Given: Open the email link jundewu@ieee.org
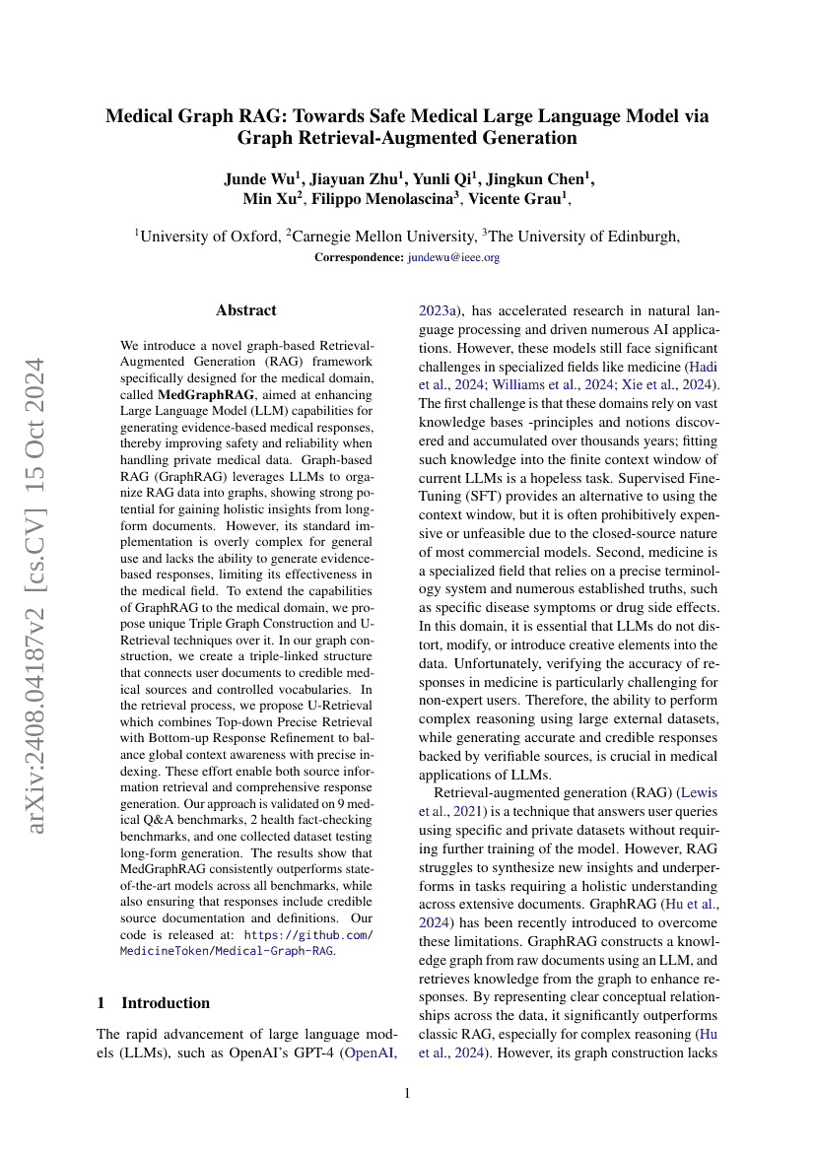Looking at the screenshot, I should coord(453,257).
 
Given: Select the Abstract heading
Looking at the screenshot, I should coord(246,310).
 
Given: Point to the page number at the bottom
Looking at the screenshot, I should coord(408,1093).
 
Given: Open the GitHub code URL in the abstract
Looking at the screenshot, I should coord(246,943).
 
